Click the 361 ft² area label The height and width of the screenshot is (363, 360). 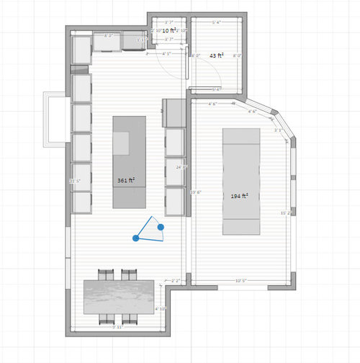[x=126, y=180]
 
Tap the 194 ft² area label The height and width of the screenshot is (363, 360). [x=239, y=196]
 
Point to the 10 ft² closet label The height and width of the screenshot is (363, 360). [x=169, y=31]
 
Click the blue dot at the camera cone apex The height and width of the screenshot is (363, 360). [x=135, y=238]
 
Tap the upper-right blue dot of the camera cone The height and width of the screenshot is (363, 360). [x=161, y=227]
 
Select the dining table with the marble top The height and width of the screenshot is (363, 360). [x=119, y=296]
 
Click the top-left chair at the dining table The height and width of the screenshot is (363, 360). [x=106, y=274]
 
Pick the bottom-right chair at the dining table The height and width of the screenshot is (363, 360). [x=130, y=318]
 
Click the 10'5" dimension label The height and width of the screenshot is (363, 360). [x=241, y=281]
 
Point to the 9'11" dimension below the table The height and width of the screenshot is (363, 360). [x=118, y=327]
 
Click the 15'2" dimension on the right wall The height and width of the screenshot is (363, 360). [x=285, y=213]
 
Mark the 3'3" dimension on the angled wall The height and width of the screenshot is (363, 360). [x=278, y=130]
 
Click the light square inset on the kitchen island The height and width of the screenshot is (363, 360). [x=120, y=143]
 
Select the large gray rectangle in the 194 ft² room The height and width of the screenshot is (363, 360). [x=241, y=181]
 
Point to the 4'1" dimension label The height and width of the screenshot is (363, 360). [x=167, y=53]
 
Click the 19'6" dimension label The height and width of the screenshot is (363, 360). [x=195, y=192]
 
